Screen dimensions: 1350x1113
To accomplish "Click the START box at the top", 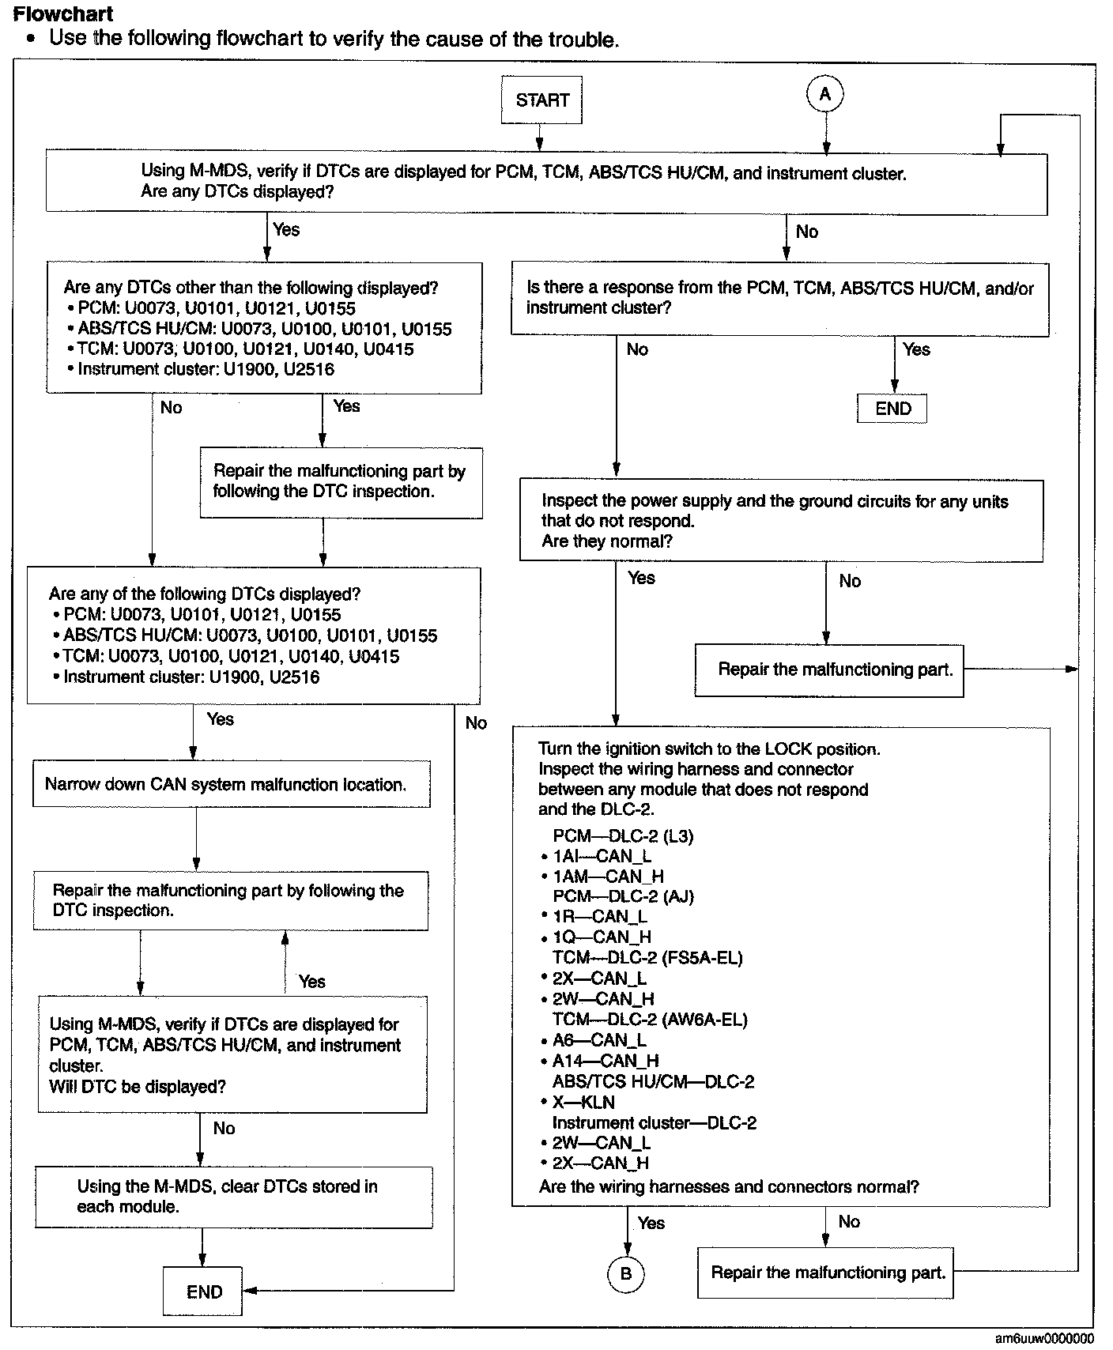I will (541, 100).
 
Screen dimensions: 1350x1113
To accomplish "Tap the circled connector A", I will (825, 95).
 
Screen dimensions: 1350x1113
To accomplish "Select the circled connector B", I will (626, 1273).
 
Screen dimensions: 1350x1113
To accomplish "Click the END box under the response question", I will (892, 409).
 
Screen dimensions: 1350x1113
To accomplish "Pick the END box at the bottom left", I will (203, 1292).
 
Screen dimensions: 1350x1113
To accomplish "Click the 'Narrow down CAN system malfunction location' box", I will (231, 784).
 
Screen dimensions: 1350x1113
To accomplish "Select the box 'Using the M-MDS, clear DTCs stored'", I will (234, 1197).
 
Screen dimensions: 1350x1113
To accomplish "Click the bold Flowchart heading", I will (63, 14).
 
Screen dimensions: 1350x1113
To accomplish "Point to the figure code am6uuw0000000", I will (1043, 1338).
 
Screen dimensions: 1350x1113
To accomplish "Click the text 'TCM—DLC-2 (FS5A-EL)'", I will (647, 957).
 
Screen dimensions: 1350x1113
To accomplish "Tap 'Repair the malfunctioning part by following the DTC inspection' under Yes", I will (340, 481).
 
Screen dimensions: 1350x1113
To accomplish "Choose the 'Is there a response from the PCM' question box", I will (779, 299).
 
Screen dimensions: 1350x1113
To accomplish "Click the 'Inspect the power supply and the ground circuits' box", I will (780, 521).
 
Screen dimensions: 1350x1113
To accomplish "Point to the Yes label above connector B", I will (651, 1223).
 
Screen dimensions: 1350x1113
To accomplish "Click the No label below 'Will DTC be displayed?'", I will (224, 1128).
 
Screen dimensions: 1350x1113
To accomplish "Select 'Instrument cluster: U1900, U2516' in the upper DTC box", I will (206, 369).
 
